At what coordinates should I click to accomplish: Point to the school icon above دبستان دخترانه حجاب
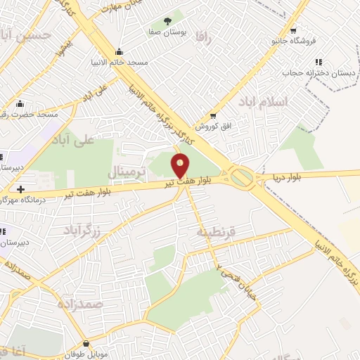(318, 61)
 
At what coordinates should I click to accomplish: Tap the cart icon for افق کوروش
(212, 115)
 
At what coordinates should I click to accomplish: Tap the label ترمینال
(127, 172)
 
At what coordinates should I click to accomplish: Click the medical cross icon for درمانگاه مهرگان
(21, 189)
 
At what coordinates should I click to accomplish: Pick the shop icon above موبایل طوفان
(86, 343)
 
